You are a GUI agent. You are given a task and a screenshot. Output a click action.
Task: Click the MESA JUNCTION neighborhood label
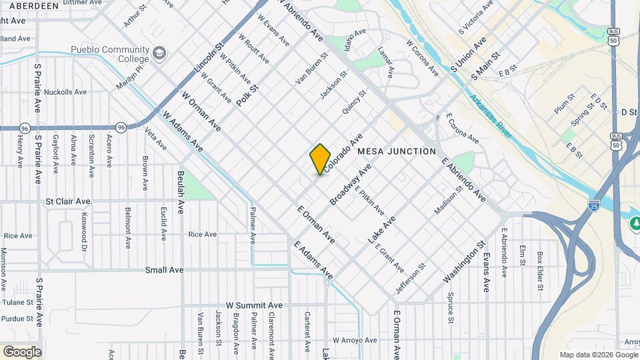[x=397, y=152]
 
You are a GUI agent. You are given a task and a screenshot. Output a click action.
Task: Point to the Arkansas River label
[x=490, y=117]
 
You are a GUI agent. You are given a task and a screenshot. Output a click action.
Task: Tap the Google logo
[x=22, y=351]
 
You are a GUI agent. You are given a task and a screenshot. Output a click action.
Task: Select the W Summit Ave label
[x=254, y=305]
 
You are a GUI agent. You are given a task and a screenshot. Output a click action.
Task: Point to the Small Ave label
[x=164, y=270]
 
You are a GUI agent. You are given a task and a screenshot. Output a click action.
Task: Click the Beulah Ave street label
[x=181, y=192]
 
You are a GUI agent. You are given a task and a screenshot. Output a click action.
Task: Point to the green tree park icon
[x=635, y=223]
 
